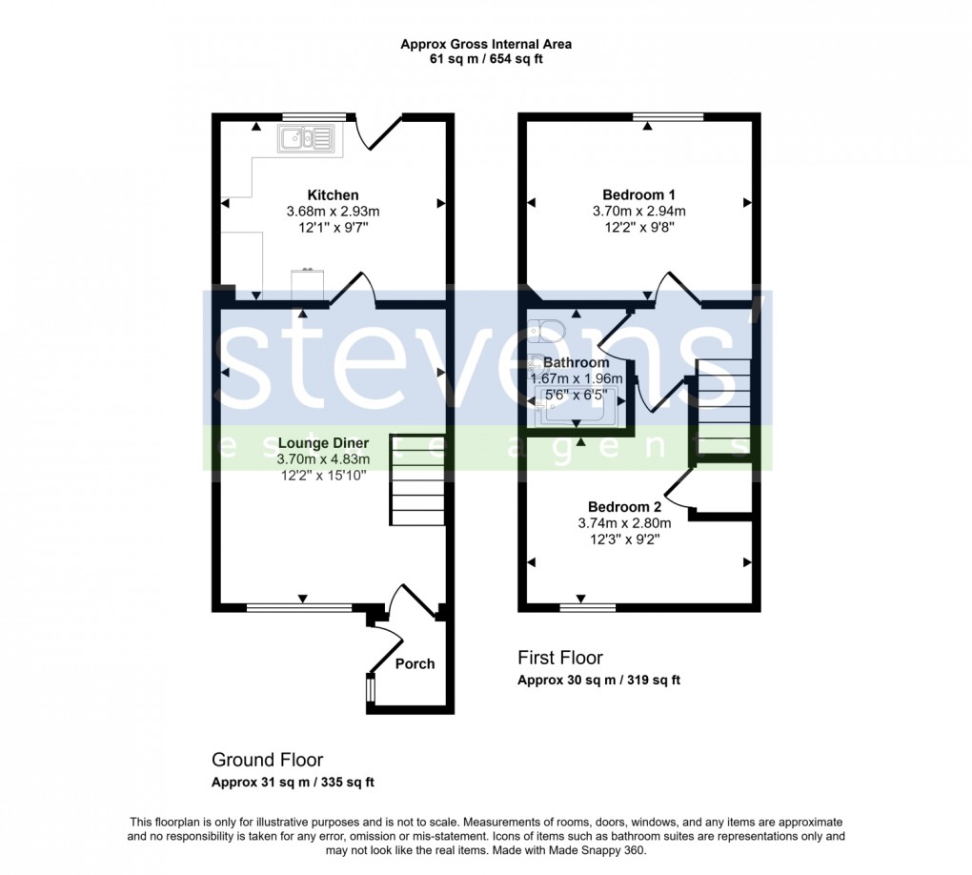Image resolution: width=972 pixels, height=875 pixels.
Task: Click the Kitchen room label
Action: point(333,194)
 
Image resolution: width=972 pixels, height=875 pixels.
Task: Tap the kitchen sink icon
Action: point(307,140)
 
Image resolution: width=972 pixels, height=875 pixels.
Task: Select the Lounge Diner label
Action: point(323,443)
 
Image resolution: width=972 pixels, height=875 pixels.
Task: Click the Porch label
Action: point(415,663)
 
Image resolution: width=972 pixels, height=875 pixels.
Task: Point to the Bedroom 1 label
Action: point(638,194)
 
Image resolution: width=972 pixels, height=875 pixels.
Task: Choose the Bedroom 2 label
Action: point(624,506)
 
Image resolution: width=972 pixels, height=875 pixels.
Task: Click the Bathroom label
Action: point(576,362)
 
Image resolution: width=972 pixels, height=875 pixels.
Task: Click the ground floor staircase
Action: point(416,479)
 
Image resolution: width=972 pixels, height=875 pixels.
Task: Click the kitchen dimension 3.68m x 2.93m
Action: point(333,212)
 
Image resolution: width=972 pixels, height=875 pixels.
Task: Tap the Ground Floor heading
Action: point(267,760)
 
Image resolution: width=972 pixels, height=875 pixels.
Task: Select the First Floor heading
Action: point(560,658)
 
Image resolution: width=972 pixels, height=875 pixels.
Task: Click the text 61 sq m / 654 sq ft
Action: point(486,59)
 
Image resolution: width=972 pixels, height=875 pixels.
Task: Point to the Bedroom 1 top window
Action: point(668,117)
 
